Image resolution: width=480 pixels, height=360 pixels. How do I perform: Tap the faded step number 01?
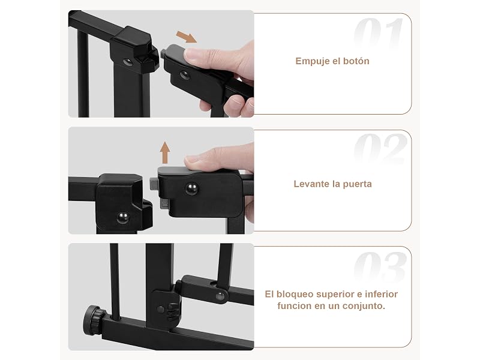tap(379, 32)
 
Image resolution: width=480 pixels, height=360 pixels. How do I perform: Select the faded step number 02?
tap(380, 149)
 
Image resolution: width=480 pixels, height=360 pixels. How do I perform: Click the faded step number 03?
tap(380, 267)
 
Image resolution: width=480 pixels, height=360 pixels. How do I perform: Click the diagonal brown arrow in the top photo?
tap(186, 37)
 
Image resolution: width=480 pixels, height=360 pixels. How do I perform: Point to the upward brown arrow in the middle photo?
tap(165, 152)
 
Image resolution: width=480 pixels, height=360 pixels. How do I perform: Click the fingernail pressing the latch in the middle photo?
tap(191, 160)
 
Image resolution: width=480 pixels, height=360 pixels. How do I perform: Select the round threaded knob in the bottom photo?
tap(94, 320)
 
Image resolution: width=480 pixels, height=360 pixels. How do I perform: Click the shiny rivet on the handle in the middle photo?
tap(192, 188)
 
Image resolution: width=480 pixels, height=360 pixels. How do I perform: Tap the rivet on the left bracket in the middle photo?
tap(123, 218)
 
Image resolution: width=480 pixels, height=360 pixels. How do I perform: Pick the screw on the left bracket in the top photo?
tap(128, 62)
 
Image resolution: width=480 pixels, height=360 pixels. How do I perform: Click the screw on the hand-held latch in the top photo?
tap(185, 75)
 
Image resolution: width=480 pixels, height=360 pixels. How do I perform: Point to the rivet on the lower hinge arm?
tap(220, 296)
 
